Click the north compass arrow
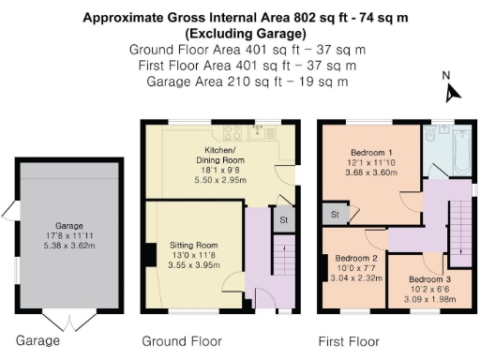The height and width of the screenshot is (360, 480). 453,91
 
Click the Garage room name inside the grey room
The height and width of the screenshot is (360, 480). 68,226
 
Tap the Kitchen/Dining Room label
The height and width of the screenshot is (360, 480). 221,155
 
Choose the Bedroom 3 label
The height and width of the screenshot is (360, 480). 415,278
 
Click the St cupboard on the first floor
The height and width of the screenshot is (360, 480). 335,215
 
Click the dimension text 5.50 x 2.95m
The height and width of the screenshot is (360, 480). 221,175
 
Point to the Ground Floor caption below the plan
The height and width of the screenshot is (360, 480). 181,340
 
